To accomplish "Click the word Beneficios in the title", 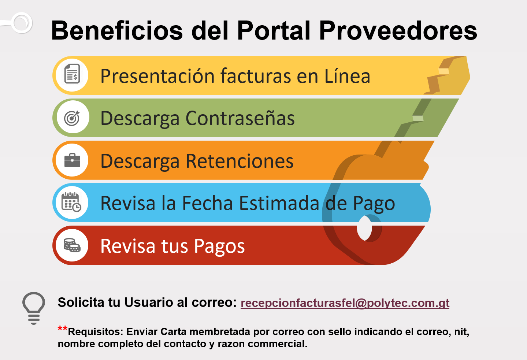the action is [117, 31].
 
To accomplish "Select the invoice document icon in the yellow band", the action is [72, 74].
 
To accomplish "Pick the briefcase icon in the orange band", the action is [72, 160].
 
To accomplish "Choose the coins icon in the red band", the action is [72, 245].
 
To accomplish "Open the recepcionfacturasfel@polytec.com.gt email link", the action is [345, 303].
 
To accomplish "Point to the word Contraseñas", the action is [240, 118].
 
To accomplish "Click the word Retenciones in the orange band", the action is [240, 161].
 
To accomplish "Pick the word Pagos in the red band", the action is [219, 246].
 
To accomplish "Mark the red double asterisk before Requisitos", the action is [63, 328].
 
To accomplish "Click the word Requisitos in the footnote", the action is [96, 332].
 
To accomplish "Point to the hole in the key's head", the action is [364, 228].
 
